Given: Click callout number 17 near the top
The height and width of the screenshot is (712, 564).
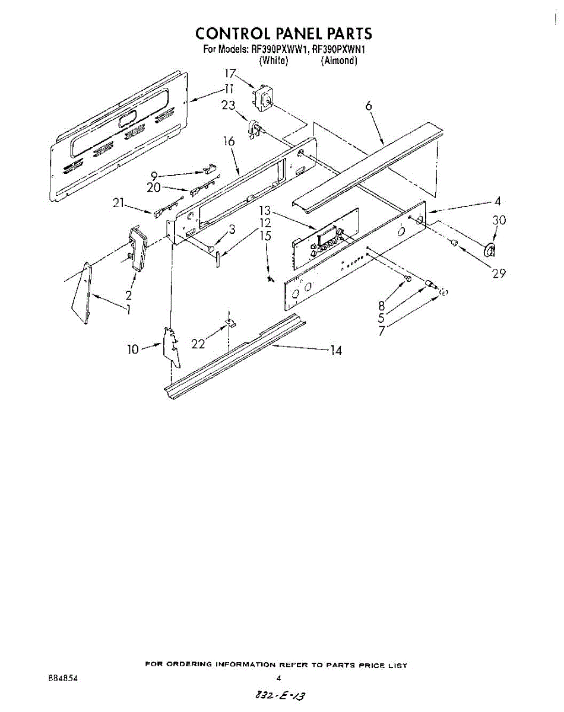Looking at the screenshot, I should click(230, 74).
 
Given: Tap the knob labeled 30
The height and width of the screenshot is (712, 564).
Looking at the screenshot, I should click(490, 250).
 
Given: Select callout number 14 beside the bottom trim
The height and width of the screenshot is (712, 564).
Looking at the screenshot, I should click(336, 350).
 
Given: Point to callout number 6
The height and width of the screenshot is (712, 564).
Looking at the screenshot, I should click(369, 106).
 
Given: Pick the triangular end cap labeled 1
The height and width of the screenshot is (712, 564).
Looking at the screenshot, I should click(81, 294).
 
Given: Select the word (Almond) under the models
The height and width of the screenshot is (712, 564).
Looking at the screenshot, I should click(338, 61).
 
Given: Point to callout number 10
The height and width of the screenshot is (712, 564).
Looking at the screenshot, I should click(132, 349).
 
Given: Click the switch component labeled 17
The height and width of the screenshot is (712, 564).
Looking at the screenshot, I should click(262, 96).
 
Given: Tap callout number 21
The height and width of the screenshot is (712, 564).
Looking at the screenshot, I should click(118, 203).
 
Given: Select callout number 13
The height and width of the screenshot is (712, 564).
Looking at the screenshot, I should click(264, 211).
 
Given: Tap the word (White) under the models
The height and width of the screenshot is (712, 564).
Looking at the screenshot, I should click(274, 61).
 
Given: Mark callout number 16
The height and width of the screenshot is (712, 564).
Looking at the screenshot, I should click(229, 141).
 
